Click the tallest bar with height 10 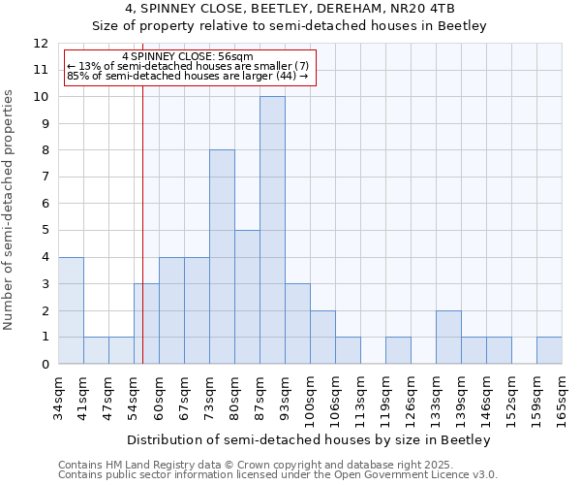coord(272,230)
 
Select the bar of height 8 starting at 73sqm coord(222,257)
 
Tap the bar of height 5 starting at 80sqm coord(247,297)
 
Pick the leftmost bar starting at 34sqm coord(71,310)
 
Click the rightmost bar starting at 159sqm coord(549,350)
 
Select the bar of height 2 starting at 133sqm coord(448,337)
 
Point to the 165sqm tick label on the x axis coord(562,399)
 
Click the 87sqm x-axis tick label coord(260,397)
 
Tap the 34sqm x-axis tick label coord(58,397)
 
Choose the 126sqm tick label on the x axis coord(411,399)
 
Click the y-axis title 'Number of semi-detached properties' coord(11,210)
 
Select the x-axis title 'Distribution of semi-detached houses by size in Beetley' coord(309,439)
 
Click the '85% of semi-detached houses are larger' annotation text coord(188,76)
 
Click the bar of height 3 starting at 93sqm coord(297,324)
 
